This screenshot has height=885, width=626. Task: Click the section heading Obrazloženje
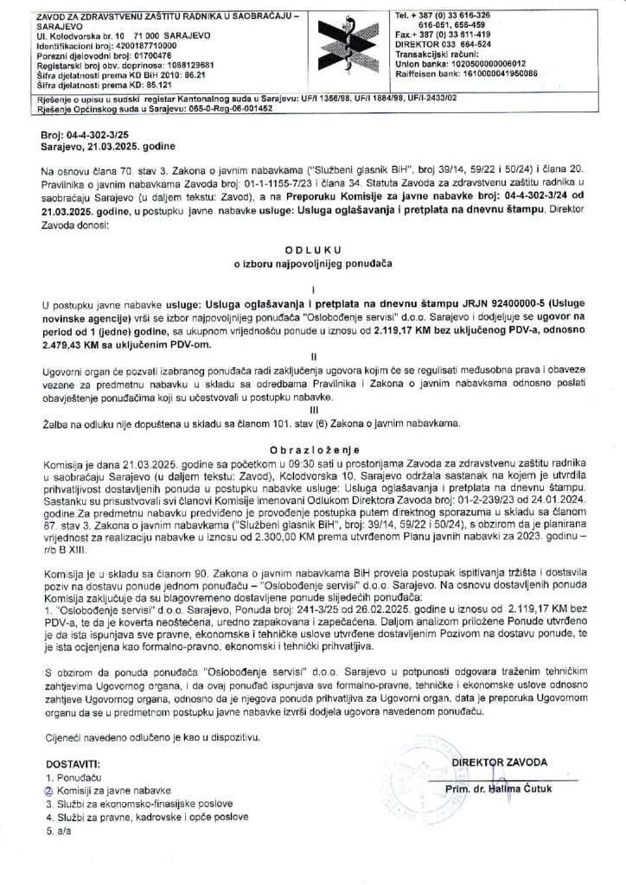pyautogui.click(x=313, y=450)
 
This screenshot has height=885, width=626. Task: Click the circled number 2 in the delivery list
pyautogui.click(x=48, y=790)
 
